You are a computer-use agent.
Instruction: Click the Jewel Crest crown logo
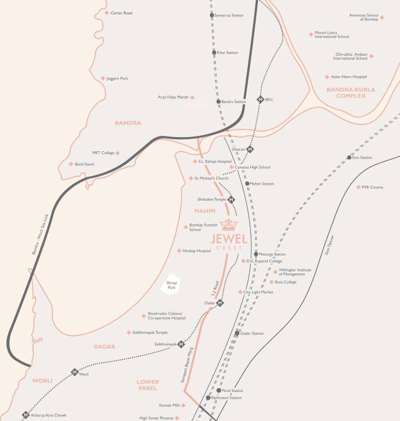229,225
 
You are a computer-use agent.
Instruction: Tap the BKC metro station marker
260,100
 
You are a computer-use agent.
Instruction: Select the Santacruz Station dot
212,15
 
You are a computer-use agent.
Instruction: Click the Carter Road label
121,13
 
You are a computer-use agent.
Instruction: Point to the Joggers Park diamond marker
103,78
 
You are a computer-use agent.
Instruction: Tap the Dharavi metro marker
250,149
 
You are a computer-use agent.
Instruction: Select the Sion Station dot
349,157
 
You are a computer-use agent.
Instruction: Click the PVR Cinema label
372,187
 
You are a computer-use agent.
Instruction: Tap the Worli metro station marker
75,372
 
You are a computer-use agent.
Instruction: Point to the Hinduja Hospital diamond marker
179,251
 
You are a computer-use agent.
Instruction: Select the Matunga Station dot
256,254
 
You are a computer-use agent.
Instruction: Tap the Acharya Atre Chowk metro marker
25,415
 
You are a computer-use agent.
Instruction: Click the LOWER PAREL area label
148,385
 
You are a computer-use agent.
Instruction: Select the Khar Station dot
214,53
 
